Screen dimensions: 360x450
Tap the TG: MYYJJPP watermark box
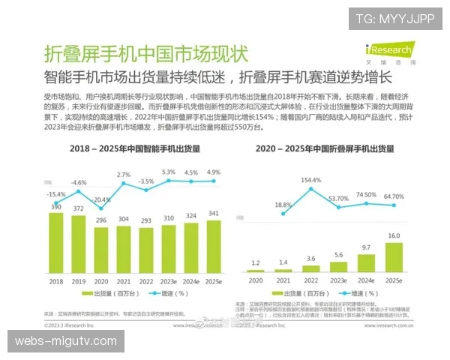394,18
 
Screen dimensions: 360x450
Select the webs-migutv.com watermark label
65,341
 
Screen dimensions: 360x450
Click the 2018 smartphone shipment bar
55,244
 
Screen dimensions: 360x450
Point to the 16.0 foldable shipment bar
394,256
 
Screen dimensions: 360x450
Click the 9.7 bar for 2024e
367,262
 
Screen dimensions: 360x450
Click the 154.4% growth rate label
310,181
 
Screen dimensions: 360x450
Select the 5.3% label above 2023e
169,172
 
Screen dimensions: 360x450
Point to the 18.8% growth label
282,204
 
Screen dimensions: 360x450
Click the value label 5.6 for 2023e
339,254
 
